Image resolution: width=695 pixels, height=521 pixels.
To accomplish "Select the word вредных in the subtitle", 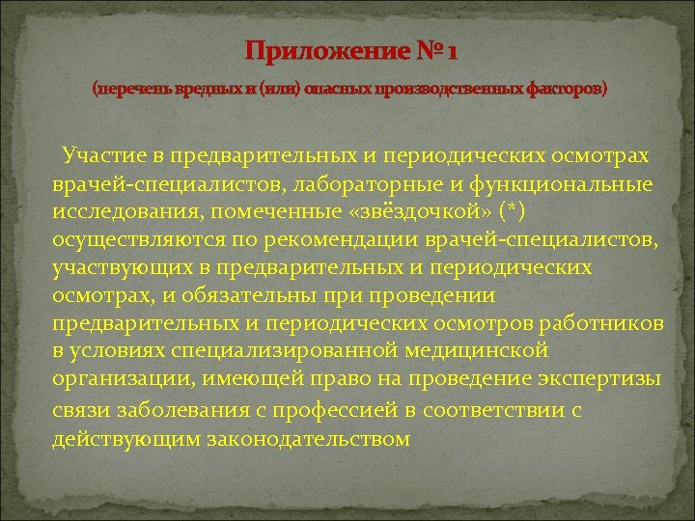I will pyautogui.click(x=203, y=89).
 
